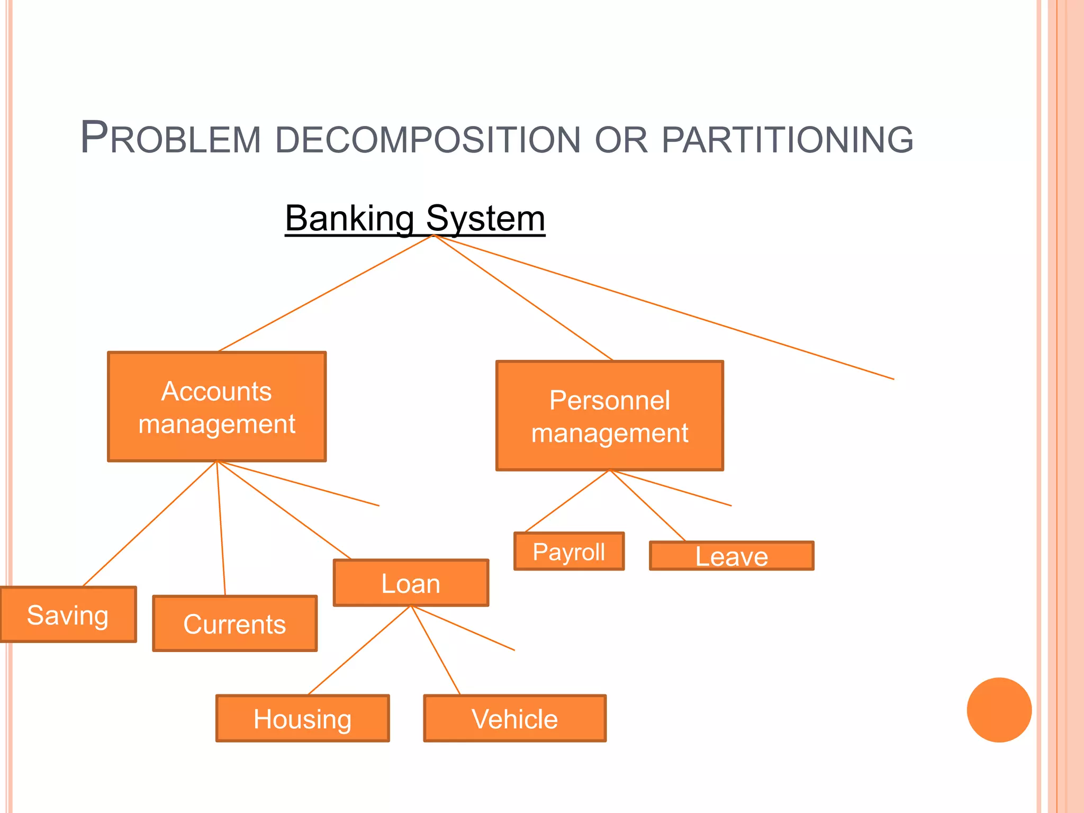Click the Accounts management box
[x=216, y=406]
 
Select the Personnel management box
[x=609, y=415]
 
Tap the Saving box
[x=68, y=615]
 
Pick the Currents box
[x=234, y=624]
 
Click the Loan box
[x=411, y=583]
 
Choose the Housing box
[x=302, y=718]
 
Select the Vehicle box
[x=514, y=718]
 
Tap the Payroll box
[x=569, y=551]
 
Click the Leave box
[x=731, y=556]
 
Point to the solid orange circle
[x=999, y=710]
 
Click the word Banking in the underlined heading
[x=349, y=218]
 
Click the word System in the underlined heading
[x=485, y=218]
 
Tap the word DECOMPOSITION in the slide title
[x=428, y=140]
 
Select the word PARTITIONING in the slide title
[x=787, y=140]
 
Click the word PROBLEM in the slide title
[x=170, y=139]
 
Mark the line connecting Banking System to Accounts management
[x=326, y=293]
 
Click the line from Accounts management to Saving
[x=150, y=524]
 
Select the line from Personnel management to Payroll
[x=567, y=501]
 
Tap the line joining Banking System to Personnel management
[x=523, y=297]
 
